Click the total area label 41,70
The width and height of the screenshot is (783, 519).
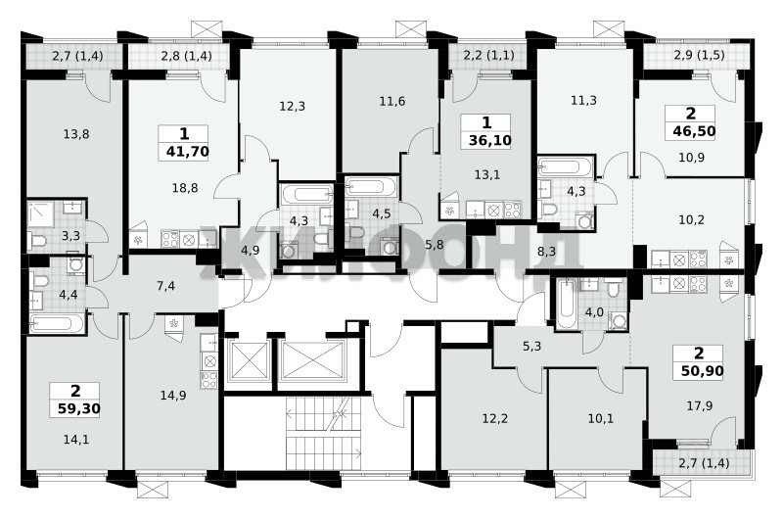[x=187, y=152]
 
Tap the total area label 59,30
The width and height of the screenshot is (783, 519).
[x=79, y=409]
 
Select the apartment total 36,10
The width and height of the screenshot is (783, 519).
[x=490, y=141]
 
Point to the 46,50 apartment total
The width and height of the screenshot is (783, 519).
[x=694, y=131]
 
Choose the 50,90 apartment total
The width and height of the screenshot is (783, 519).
[x=702, y=371]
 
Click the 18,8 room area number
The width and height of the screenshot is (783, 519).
[x=185, y=188]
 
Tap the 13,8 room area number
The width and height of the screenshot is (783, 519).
[x=76, y=134]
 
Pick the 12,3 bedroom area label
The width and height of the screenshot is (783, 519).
[x=292, y=107]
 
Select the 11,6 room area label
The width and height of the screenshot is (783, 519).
[x=392, y=102]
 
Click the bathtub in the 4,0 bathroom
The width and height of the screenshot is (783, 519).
[x=567, y=304]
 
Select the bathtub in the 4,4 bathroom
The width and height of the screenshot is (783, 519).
[x=56, y=323]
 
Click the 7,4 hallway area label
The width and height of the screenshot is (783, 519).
[x=165, y=286]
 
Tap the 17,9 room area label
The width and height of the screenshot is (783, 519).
[x=699, y=406]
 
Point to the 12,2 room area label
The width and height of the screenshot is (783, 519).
[x=495, y=418]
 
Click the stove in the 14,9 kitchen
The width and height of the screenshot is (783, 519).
[x=209, y=380]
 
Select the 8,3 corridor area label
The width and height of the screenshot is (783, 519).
[x=546, y=253]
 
